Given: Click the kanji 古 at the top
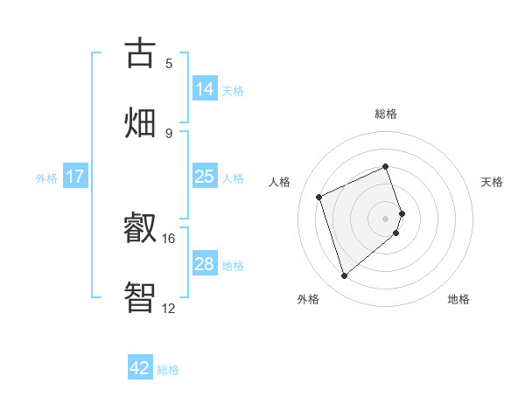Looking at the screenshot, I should click(141, 54).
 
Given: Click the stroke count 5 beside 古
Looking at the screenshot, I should click(169, 64).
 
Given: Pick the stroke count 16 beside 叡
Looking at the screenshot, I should click(168, 238).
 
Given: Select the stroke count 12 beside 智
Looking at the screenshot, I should click(168, 308).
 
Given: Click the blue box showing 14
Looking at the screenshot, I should click(205, 89).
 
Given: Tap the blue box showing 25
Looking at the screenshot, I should click(205, 177).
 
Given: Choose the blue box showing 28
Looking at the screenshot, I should click(205, 264).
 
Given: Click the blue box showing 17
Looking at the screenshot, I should click(75, 177).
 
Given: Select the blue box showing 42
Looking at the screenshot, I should click(140, 368).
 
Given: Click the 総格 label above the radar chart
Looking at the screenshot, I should click(386, 114).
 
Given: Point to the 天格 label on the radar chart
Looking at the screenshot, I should click(493, 182).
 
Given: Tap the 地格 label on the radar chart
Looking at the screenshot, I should click(458, 300).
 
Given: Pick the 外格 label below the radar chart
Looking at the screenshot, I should click(308, 300).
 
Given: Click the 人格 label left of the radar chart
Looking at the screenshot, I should click(280, 182).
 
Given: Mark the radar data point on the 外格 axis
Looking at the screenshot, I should click(344, 276).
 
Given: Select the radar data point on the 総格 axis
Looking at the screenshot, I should click(386, 166).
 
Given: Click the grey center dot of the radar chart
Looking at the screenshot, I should click(386, 218).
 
